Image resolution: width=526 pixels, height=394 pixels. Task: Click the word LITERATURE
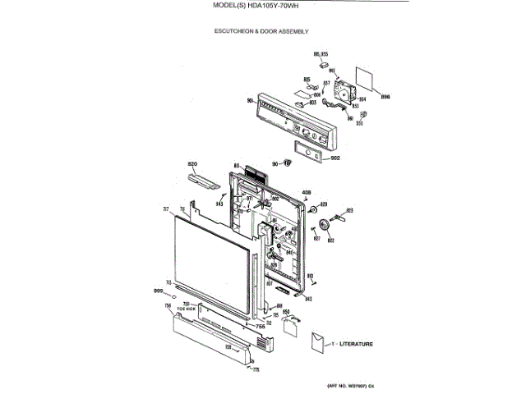(357, 343)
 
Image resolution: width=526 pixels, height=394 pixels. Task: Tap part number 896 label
(385, 98)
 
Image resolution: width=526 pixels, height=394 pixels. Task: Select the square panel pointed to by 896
(366, 78)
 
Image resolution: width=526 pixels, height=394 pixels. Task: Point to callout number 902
(335, 157)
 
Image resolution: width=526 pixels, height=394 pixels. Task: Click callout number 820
(193, 164)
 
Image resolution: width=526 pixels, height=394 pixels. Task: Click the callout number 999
(159, 291)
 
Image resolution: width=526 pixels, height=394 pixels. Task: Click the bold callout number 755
(261, 327)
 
